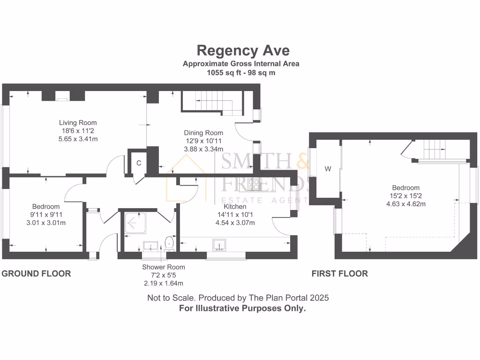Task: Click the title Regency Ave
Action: tap(243, 50)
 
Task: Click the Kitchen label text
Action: tap(235, 206)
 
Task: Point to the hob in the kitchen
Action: tap(255, 185)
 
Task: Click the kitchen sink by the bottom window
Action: tap(220, 245)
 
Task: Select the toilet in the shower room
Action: tap(169, 243)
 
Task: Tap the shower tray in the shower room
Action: tap(135, 224)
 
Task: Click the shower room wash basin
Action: tap(150, 246)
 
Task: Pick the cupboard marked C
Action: tap(139, 163)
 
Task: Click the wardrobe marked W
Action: tap(328, 169)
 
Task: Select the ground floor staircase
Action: tap(211, 101)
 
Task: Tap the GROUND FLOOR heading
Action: tap(37, 274)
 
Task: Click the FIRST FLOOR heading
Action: tap(340, 274)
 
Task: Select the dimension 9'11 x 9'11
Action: tap(46, 215)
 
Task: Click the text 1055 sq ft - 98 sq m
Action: tap(241, 73)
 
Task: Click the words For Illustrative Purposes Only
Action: tap(242, 308)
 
